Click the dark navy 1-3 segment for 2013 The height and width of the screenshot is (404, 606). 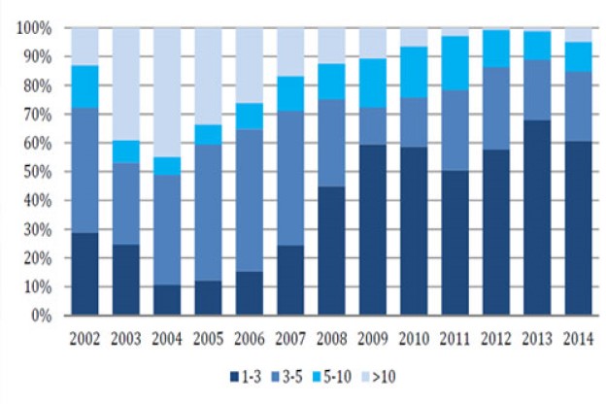point(538,219)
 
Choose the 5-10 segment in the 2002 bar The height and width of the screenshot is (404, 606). point(85,86)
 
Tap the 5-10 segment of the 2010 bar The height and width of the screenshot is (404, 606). point(415,72)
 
